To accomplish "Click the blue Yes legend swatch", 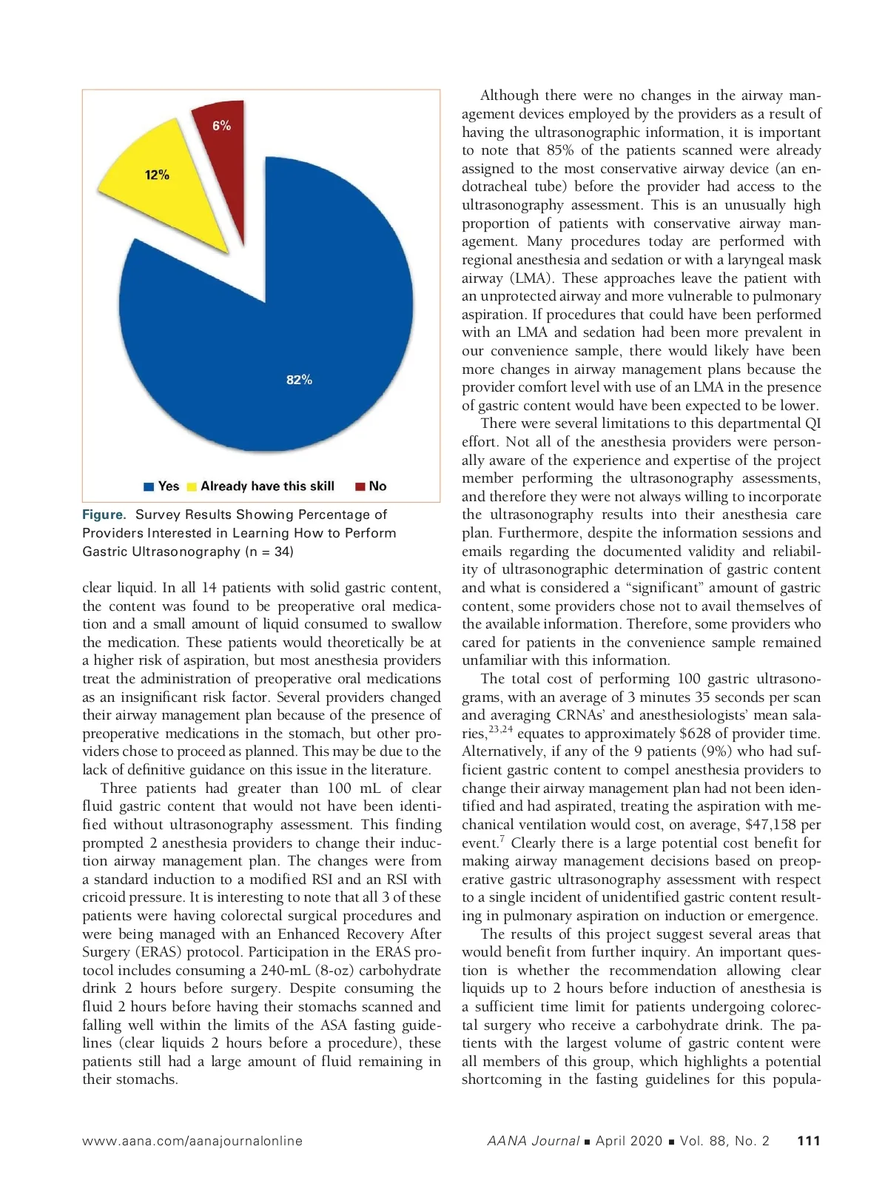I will (x=149, y=486).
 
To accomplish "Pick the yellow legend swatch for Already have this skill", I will (x=192, y=486).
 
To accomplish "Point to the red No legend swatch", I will (x=360, y=486).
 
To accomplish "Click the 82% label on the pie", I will (x=299, y=380).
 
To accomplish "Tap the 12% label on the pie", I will (x=157, y=175).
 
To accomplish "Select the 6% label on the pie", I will (x=221, y=126).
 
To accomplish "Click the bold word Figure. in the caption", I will (x=104, y=515).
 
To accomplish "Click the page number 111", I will (x=809, y=1141).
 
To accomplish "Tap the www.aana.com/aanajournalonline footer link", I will (x=192, y=1141).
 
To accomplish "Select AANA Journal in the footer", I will (x=533, y=1141).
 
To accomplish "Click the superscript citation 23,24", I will (x=500, y=729).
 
